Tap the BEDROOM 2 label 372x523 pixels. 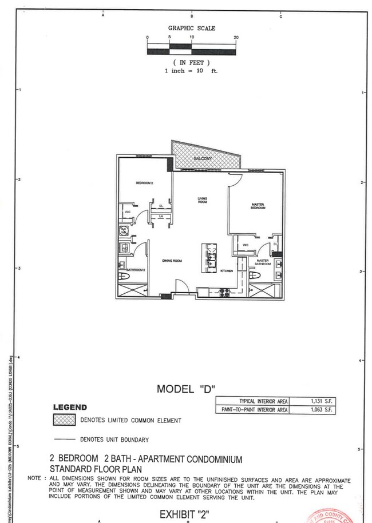pyautogui.click(x=144, y=183)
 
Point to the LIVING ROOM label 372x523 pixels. pyautogui.click(x=202, y=201)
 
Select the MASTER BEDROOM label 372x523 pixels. pyautogui.click(x=258, y=206)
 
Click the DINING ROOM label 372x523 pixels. pyautogui.click(x=172, y=261)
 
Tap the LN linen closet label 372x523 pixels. pyautogui.click(x=161, y=217)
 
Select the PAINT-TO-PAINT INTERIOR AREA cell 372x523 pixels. pyautogui.click(x=252, y=410)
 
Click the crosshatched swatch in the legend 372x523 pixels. pyautogui.click(x=64, y=420)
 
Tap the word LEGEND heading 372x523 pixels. pyautogui.click(x=70, y=408)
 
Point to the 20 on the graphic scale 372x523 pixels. pyautogui.click(x=236, y=37)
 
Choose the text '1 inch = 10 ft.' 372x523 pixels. pyautogui.click(x=191, y=71)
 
